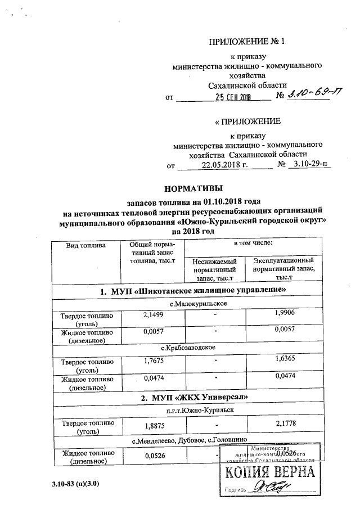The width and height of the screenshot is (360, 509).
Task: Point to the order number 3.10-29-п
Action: click(309, 165)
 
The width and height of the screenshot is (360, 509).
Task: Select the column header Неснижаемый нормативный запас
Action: click(215, 269)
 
